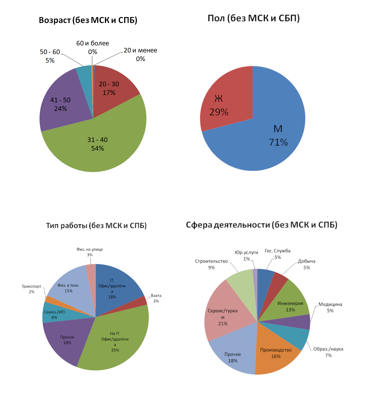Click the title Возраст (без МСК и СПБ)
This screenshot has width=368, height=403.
click(x=88, y=20)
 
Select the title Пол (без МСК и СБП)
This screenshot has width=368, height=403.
click(x=254, y=18)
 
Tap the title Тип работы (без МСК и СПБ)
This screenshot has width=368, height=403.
click(x=96, y=225)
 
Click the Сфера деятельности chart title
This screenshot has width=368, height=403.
click(x=261, y=225)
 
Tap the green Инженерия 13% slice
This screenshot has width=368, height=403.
click(x=290, y=303)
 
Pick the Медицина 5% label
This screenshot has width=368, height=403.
click(x=330, y=307)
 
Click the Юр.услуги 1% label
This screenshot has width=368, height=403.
click(x=246, y=255)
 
